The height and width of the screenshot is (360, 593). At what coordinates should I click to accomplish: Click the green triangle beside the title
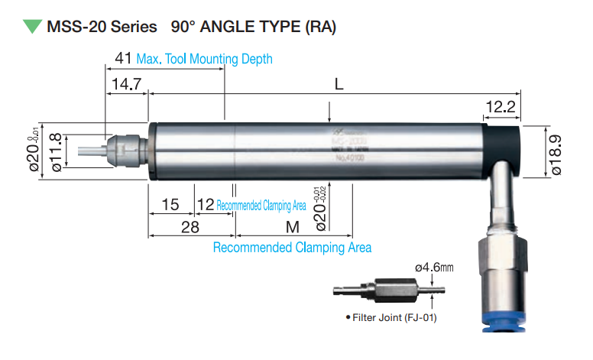coord(32,27)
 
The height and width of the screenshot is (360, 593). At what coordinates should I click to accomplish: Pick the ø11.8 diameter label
coord(55,150)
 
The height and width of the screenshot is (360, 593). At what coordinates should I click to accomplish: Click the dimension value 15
coord(170,205)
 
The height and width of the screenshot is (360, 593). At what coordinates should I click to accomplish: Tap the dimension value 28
coord(190,227)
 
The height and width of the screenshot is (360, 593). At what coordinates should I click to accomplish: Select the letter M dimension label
coord(293,227)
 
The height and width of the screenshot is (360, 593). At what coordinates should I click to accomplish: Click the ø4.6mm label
coord(434,268)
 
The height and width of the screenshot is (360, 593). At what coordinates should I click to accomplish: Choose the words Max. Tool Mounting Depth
coord(204,59)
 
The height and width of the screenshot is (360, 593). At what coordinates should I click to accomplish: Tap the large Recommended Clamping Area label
coord(292,248)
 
